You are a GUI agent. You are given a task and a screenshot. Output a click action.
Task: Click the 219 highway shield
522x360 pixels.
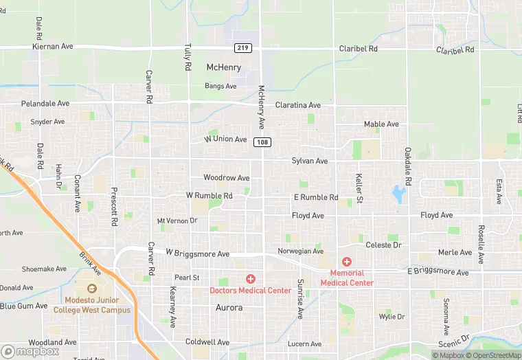click(x=242, y=47)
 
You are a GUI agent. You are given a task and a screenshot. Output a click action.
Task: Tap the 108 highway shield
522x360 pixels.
click(x=261, y=142)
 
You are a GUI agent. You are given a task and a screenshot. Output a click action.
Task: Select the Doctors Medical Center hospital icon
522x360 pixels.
click(x=251, y=278)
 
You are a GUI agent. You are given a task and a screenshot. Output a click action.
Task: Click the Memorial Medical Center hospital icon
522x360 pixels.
click(x=347, y=262)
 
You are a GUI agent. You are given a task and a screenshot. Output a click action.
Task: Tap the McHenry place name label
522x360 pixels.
click(x=224, y=67)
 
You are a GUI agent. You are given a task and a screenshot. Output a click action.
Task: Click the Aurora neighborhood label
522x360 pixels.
click(x=229, y=308)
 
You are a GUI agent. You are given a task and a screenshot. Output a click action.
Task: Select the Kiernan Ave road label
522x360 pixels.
click(x=52, y=47)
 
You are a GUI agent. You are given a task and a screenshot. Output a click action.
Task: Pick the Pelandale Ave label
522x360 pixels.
click(x=45, y=104)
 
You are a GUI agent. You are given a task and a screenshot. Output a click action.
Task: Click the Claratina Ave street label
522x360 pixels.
click(x=298, y=105)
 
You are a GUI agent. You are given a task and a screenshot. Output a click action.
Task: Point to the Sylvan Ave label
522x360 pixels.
click(x=310, y=161)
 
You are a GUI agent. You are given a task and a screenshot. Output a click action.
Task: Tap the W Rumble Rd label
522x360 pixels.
click(x=209, y=196)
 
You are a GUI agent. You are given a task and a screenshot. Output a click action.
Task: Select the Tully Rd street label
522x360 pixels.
click(x=188, y=58)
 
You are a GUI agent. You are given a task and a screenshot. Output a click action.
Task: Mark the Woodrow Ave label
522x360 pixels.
click(x=226, y=178)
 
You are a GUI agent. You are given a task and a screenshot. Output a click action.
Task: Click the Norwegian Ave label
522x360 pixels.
click(x=300, y=251)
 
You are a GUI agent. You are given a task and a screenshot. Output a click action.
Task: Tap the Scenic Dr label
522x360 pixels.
click(x=455, y=341)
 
